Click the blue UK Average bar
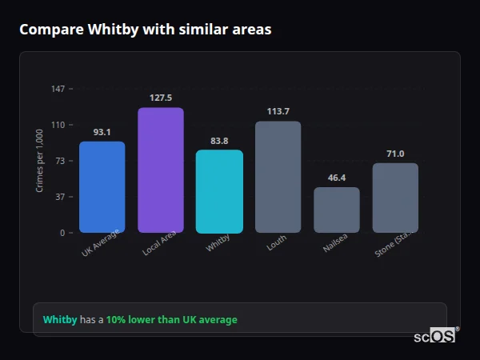tap(102, 187)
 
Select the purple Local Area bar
tap(161, 170)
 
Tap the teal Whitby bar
tap(219, 191)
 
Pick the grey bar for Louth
tap(278, 177)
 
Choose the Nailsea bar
tap(337, 210)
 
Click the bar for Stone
tap(395, 198)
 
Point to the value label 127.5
tap(161, 98)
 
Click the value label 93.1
tap(102, 132)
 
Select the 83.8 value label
tap(219, 141)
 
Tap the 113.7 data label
tap(278, 111)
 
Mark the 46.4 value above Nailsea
tap(337, 178)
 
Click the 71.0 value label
tap(395, 154)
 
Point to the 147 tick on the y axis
tap(58, 89)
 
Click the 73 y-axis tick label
tap(60, 161)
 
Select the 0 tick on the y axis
tap(62, 233)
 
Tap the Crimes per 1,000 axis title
tap(40, 161)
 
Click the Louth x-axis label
tap(277, 243)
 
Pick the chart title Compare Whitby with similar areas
tap(145, 30)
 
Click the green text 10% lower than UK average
tap(171, 320)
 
